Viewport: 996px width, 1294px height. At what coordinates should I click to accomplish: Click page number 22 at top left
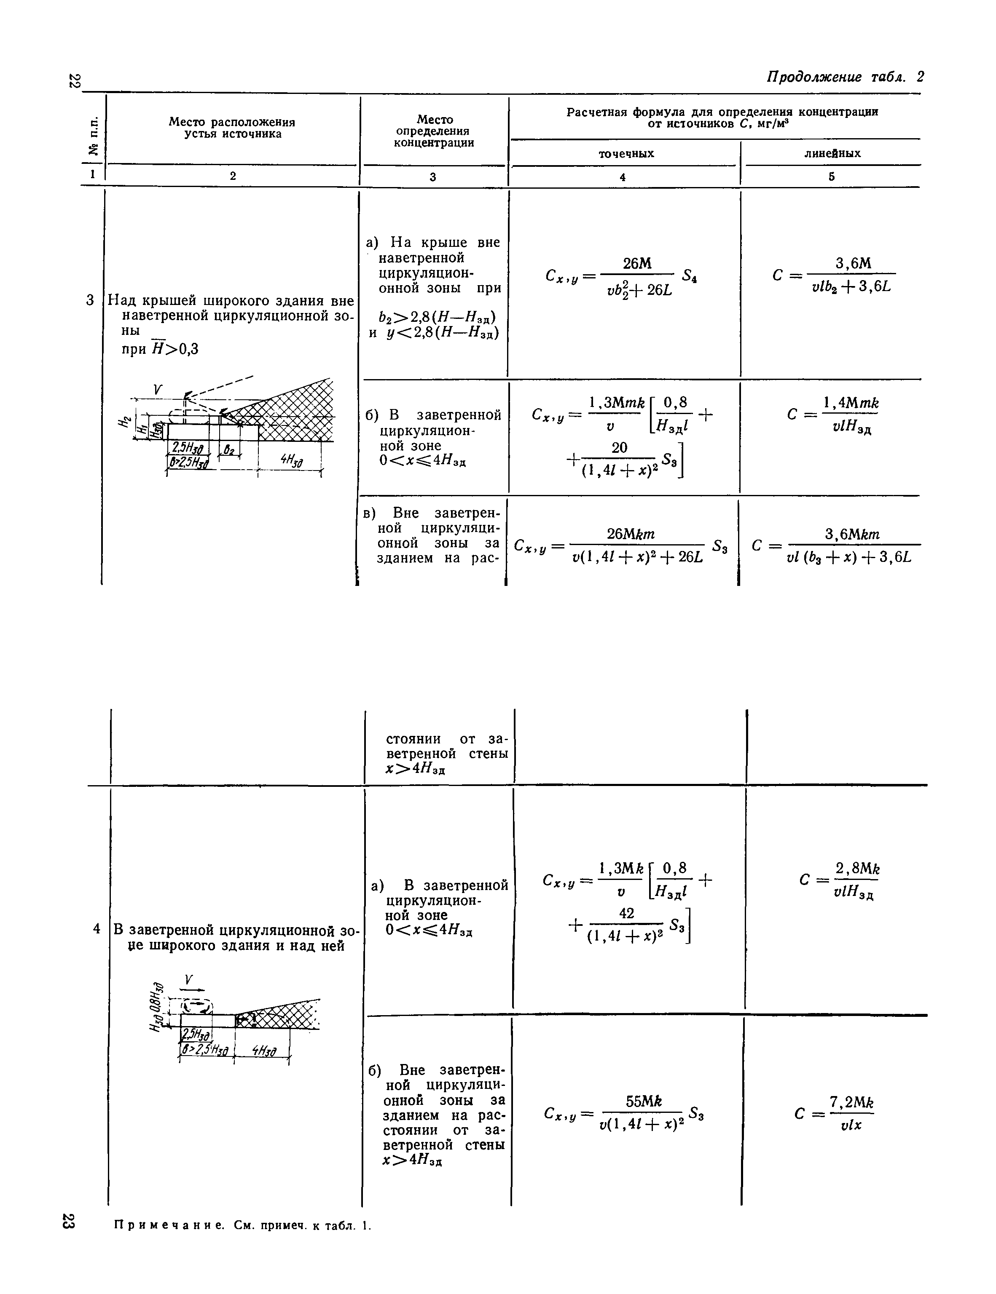pyautogui.click(x=73, y=80)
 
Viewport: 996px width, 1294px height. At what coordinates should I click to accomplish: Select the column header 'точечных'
pyautogui.click(x=626, y=153)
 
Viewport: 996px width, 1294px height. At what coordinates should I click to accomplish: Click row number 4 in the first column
pyautogui.click(x=97, y=929)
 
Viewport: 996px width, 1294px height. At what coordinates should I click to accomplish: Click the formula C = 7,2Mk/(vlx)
pyautogui.click(x=835, y=1114)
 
